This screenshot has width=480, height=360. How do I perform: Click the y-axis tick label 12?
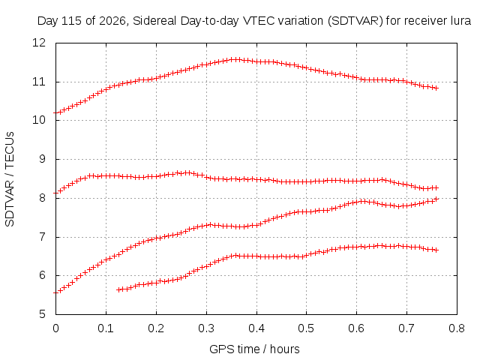point(38,43)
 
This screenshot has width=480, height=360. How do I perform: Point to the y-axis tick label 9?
point(42,159)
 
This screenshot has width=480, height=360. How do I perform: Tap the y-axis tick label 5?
point(42,314)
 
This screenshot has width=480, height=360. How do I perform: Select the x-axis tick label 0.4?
point(256,328)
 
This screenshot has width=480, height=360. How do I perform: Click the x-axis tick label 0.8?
point(457,328)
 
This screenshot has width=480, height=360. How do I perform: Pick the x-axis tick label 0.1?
point(106,328)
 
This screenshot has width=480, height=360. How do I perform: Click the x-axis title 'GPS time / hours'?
point(254,349)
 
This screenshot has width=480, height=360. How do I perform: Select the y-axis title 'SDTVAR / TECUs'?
point(10,179)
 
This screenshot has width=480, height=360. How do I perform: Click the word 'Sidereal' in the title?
point(154,21)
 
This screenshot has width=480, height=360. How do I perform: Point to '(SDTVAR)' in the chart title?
point(355,21)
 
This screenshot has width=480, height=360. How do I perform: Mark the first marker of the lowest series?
point(119,289)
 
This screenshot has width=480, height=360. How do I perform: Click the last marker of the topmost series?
point(436,88)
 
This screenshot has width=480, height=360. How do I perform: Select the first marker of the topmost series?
point(56,113)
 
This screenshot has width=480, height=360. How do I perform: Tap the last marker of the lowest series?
point(436,250)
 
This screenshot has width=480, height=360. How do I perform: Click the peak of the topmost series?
point(235,59)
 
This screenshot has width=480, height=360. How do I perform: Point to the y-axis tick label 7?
point(42,237)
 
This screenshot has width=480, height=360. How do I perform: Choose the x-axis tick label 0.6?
point(357,328)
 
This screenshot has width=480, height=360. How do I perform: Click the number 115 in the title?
point(72,21)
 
